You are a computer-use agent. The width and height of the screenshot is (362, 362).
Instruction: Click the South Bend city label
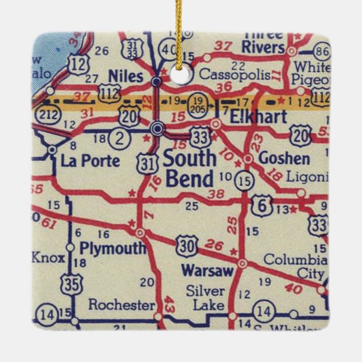[189, 169]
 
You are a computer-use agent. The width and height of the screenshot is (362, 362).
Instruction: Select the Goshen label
[284, 159]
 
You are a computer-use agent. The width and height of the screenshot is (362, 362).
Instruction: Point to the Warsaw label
[207, 271]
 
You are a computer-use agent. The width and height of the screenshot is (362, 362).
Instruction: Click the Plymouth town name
[112, 247]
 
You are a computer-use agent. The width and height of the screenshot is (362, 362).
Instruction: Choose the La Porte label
[90, 161]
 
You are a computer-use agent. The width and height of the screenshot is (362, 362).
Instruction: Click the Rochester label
[121, 305]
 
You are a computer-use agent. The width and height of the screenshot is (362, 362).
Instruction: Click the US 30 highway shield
[186, 245]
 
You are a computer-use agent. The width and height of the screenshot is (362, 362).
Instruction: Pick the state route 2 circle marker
[119, 137]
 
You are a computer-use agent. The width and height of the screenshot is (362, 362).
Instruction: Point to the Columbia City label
[295, 267]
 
